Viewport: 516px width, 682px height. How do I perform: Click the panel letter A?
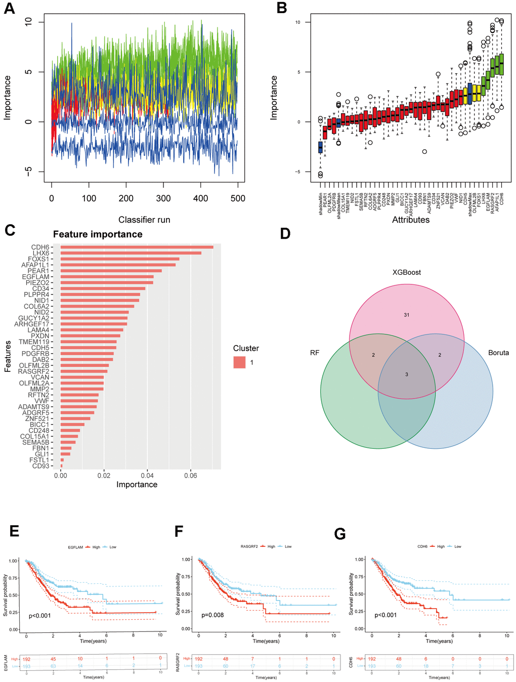(9, 9)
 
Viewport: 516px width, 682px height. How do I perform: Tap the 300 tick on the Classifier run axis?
(163, 198)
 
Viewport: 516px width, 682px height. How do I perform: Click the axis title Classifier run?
(144, 220)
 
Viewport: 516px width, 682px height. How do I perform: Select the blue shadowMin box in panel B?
(320, 147)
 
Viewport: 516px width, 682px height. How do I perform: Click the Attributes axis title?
(411, 220)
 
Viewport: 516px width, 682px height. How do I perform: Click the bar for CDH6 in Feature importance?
(137, 247)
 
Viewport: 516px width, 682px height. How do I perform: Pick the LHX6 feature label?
(41, 253)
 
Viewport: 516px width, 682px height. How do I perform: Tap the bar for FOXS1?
(120, 259)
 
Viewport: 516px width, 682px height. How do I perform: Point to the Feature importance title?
(98, 234)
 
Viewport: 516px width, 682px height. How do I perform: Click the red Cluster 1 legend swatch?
(239, 362)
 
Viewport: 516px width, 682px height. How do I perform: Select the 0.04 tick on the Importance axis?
(147, 476)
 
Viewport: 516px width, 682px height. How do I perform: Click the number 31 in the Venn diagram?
(407, 315)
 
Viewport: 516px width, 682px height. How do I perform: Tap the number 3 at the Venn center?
(407, 374)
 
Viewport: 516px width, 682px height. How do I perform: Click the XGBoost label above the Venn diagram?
(407, 272)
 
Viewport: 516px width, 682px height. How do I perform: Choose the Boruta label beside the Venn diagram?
(498, 353)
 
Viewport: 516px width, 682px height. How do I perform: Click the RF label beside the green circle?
(315, 353)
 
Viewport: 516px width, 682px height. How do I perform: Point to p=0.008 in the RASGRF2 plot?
(212, 615)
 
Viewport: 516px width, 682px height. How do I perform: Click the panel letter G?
(340, 534)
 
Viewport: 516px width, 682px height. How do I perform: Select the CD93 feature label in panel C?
(41, 466)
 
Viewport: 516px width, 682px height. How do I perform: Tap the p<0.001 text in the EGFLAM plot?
(39, 616)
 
